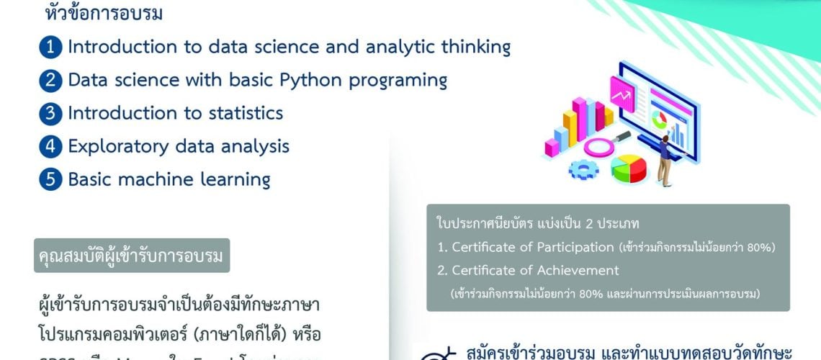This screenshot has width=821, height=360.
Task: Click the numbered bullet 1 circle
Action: coord(50,48)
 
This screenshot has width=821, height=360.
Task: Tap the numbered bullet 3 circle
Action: coord(50,114)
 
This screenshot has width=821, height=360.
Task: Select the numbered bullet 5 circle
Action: coord(50,179)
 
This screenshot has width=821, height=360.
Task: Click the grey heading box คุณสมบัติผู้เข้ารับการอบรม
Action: coord(131,256)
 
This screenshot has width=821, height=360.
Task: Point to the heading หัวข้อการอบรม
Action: coord(104,14)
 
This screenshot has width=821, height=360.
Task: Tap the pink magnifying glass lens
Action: coord(602,147)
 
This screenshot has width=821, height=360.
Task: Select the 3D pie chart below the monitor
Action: coord(629,168)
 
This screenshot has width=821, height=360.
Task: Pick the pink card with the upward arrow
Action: coord(620,91)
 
